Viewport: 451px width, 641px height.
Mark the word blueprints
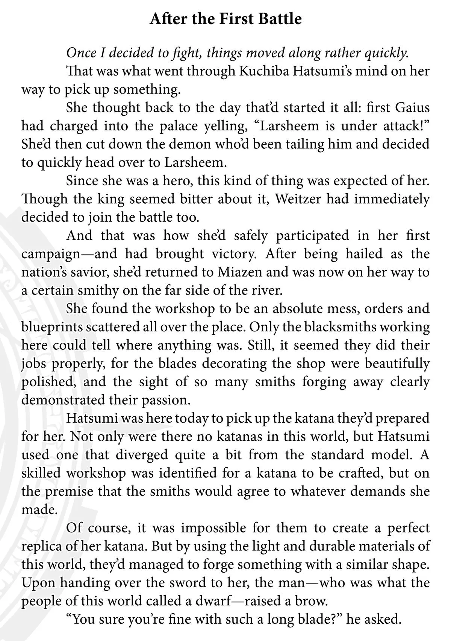[51, 327]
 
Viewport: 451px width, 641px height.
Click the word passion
[163, 400]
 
